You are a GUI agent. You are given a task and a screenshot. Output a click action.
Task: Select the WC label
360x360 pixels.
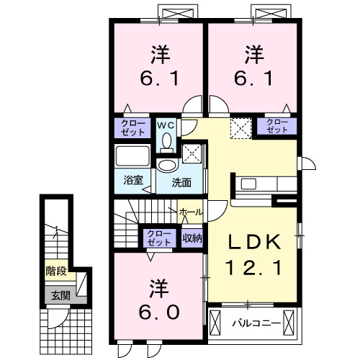tap(166, 125)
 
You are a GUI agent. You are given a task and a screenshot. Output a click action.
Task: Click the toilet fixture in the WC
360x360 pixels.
tap(167, 141)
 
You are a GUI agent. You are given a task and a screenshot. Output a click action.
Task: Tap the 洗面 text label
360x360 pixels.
tap(181, 182)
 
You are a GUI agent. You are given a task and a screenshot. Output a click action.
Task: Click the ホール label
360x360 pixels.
tap(191, 212)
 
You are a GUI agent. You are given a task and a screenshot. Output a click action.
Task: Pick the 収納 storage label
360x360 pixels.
tap(192, 237)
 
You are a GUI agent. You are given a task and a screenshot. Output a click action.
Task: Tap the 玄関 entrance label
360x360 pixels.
tap(57, 295)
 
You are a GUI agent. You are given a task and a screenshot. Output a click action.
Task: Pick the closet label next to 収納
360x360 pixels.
tap(158, 237)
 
